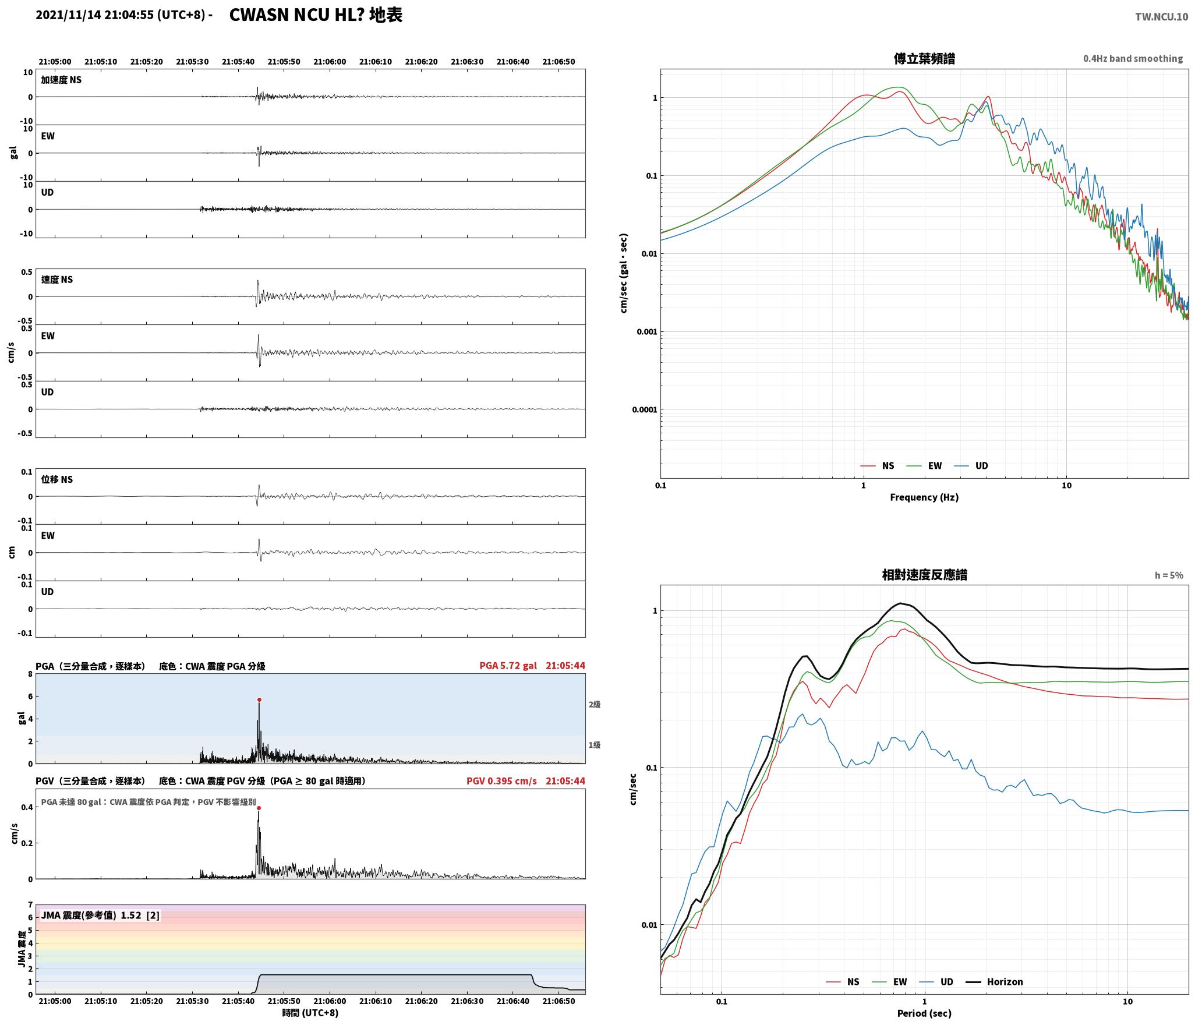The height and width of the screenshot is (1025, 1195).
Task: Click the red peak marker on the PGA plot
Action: pos(259,700)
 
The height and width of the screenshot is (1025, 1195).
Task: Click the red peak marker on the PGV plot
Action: pos(259,808)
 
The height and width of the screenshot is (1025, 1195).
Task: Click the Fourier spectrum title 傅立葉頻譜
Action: pos(924,59)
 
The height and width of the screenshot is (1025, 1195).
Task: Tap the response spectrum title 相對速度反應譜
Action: pos(924,575)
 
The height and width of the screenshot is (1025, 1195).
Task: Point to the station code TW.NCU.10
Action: pos(1161,17)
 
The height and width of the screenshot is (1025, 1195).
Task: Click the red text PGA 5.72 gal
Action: pos(508,666)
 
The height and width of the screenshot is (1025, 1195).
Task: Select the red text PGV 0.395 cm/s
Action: pos(501,781)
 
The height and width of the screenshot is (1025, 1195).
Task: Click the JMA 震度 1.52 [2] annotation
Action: pos(100,916)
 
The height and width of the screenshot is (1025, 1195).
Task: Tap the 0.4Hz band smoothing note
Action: pos(1133,59)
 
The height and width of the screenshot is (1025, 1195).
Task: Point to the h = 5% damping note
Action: pos(1169,575)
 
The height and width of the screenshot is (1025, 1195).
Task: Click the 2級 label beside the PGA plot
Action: pos(594,705)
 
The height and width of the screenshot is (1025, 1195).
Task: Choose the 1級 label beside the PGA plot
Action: pos(594,745)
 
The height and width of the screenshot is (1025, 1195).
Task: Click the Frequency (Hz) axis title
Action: pos(924,497)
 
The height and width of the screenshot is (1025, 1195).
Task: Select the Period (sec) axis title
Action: pos(924,1013)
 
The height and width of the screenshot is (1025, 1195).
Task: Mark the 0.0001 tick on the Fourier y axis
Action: pos(645,410)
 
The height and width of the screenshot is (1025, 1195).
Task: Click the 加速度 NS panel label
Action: pos(61,80)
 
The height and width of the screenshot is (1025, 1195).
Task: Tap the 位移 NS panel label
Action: pos(57,480)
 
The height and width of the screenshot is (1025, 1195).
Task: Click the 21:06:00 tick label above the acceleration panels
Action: pos(330,62)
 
